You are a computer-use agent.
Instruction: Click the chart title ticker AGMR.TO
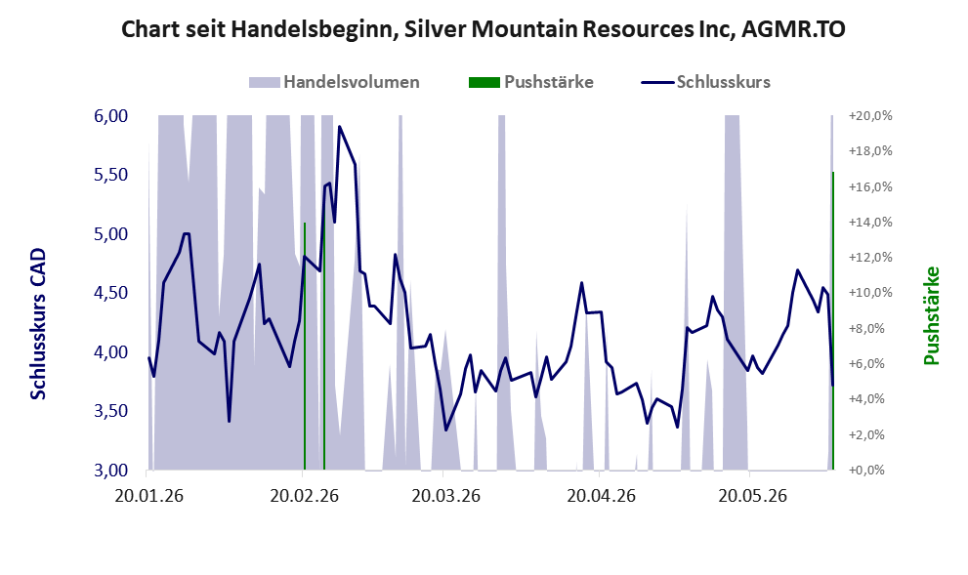coord(793,29)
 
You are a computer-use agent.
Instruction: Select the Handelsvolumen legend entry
coord(334,82)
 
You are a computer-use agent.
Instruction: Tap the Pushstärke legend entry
coord(531,82)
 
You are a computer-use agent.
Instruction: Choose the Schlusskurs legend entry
coord(705,82)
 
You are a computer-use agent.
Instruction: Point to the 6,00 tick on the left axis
coord(110,116)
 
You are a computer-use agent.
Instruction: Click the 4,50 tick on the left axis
coord(110,293)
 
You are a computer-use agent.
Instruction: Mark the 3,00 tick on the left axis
coord(110,471)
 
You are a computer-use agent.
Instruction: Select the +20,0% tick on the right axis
coord(870,116)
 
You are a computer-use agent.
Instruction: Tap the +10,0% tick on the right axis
coord(870,293)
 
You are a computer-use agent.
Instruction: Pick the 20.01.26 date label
coord(149,495)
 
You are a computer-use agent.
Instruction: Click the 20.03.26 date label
coord(445,495)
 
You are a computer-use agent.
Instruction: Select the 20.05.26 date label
coord(752,495)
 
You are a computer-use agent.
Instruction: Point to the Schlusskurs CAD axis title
coord(38,324)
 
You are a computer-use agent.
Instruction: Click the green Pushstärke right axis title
coord(931,315)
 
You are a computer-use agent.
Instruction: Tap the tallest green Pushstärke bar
coord(833,321)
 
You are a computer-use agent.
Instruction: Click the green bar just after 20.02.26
coord(305,347)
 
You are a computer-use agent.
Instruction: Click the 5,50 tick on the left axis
coord(110,175)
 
